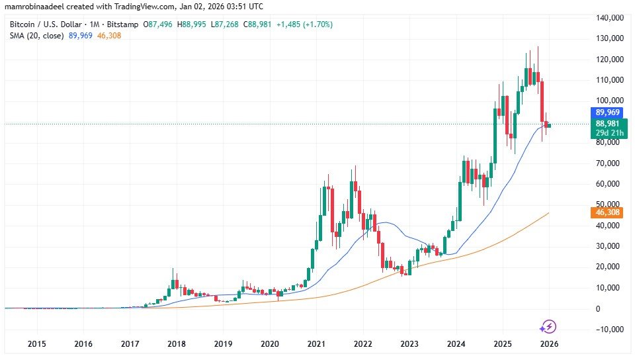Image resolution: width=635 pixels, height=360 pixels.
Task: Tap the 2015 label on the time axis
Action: click(x=36, y=344)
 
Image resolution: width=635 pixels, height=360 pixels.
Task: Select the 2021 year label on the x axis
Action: click(x=316, y=344)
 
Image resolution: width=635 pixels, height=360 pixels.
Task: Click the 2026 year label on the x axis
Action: click(x=548, y=344)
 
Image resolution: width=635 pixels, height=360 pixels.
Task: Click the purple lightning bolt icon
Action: click(x=548, y=326)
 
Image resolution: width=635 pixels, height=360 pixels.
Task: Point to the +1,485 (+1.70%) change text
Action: click(x=306, y=24)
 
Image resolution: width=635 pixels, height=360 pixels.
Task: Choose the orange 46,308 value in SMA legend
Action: click(x=109, y=35)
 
